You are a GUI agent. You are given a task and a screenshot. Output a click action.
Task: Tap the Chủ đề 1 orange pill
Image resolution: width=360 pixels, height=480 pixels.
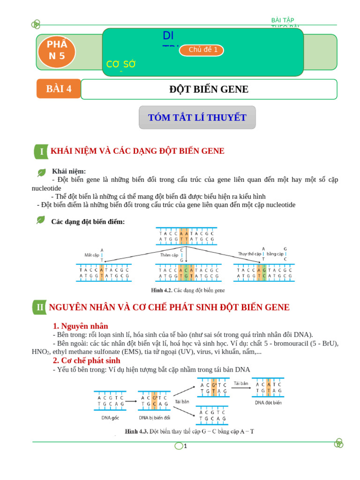tap(202, 50)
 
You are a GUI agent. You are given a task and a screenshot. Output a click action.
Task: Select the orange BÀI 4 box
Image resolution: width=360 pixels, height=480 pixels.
tap(59, 89)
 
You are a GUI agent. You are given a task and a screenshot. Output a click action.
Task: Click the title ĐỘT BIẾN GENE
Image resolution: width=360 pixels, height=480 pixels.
tap(209, 90)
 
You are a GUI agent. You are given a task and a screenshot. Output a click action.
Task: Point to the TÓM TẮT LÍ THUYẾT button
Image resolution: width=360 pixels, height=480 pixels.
tap(197, 118)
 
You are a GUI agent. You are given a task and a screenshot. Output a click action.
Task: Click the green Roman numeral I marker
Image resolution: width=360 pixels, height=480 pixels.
tap(41, 151)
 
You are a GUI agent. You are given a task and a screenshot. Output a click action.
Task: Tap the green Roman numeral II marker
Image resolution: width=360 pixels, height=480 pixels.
tap(40, 307)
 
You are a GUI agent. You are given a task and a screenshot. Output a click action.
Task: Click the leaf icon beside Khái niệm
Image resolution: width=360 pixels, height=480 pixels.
tap(42, 172)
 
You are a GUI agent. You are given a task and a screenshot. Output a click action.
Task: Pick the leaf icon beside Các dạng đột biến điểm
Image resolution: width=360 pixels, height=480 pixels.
tap(41, 220)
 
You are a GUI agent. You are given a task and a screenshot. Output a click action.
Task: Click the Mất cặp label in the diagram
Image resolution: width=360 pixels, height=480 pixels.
tap(92, 255)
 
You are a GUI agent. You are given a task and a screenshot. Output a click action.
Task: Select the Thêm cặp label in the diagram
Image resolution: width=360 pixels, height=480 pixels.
tap(169, 255)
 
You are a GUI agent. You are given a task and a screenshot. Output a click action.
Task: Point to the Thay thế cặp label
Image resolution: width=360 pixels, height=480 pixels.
tap(249, 254)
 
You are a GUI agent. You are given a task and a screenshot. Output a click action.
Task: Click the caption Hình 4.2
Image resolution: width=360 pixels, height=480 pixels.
tap(187, 290)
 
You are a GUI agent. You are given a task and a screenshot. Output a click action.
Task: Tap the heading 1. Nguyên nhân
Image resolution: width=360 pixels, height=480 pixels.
tap(81, 326)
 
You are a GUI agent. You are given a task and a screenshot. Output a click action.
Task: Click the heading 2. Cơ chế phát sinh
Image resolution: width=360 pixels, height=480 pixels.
tap(87, 360)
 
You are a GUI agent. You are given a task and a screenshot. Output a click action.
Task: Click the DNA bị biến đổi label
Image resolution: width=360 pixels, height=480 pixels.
tap(155, 417)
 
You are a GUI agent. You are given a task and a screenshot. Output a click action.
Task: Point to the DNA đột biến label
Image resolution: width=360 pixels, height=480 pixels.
tap(268, 402)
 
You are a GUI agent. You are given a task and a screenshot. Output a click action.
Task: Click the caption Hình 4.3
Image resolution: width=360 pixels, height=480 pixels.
tap(189, 431)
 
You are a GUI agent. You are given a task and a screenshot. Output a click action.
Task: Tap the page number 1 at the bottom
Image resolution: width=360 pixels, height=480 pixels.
tap(185, 446)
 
